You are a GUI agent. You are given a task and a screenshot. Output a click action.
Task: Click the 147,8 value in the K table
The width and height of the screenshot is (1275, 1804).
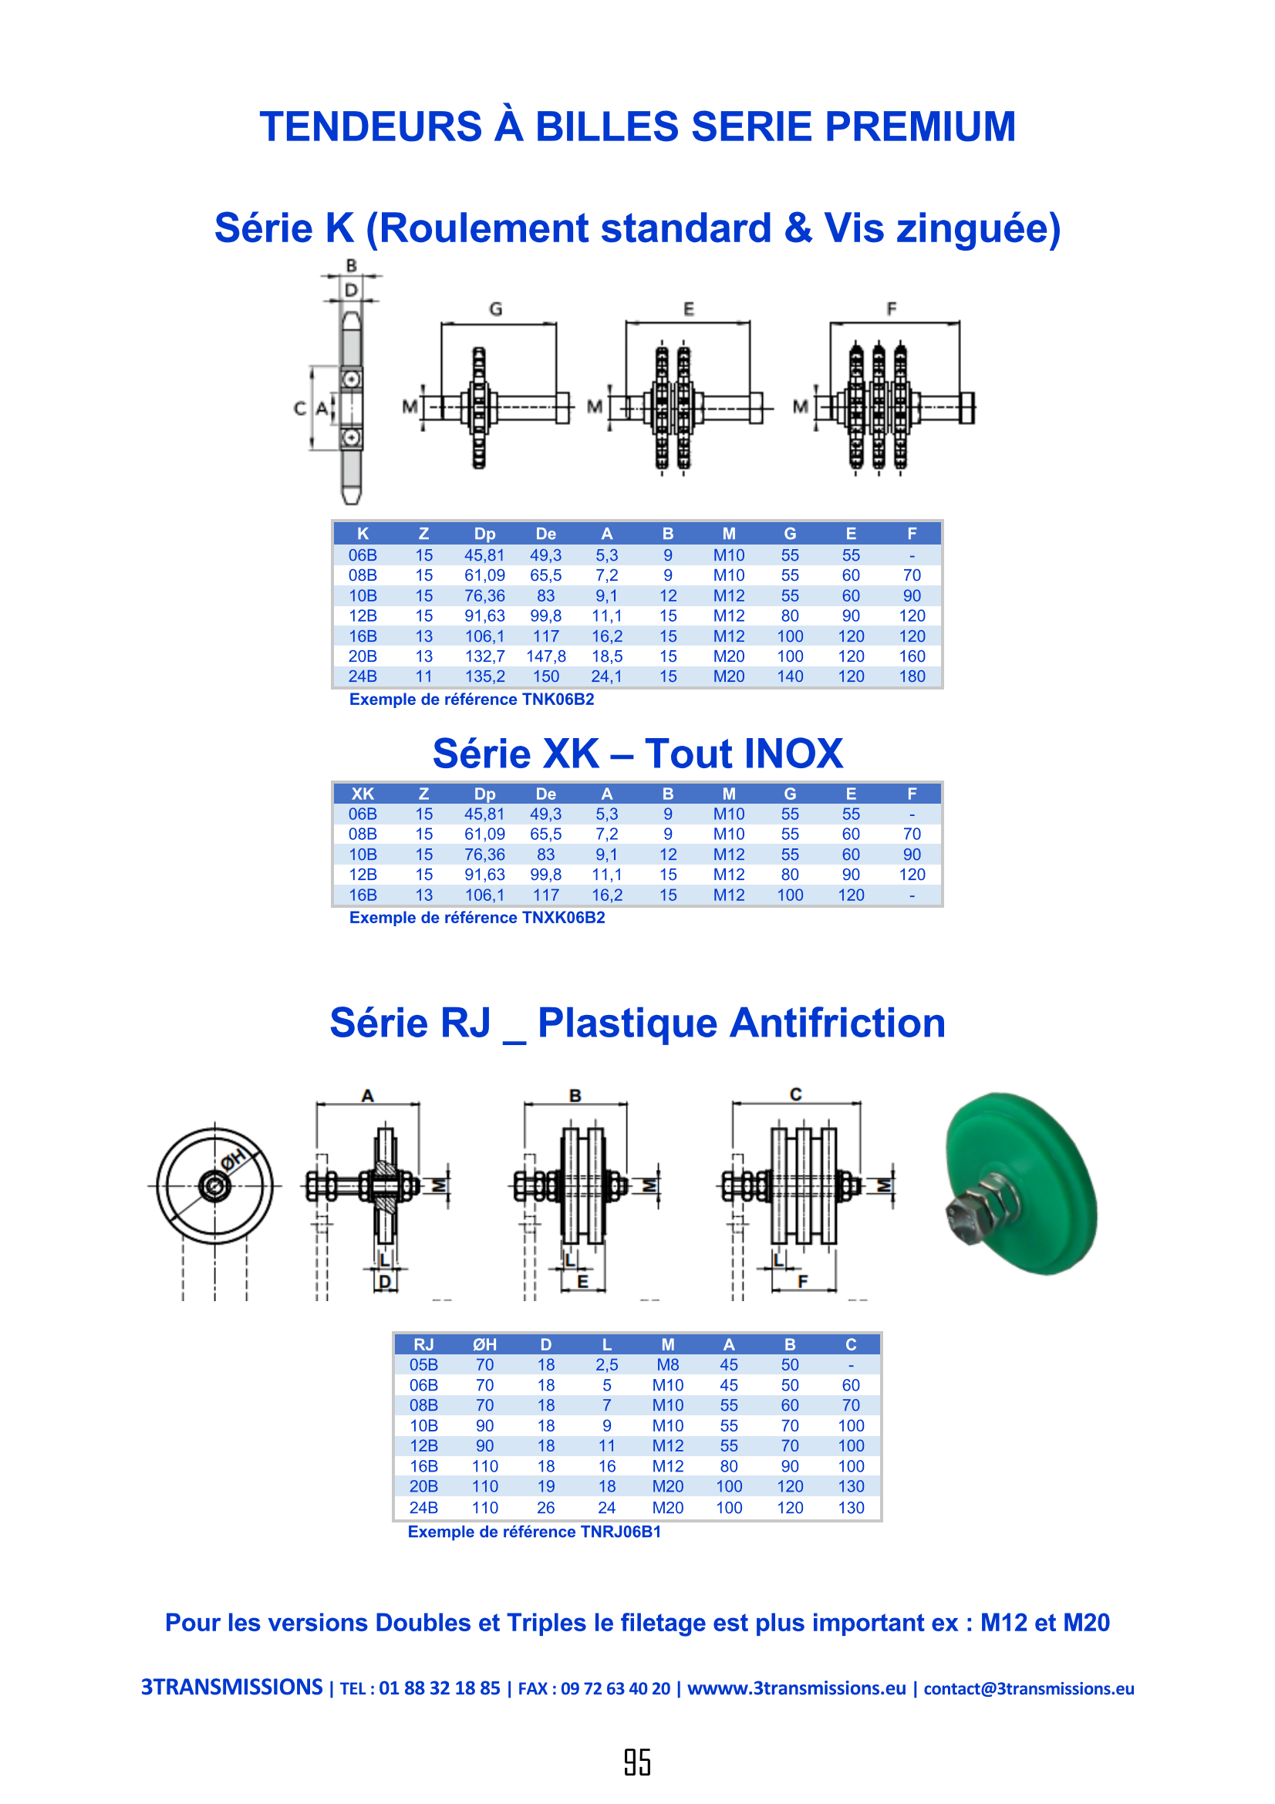545,656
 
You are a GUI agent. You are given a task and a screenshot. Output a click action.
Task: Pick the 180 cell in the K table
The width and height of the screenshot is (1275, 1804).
911,676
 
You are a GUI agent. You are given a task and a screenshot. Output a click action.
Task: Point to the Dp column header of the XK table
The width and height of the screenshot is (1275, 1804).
484,794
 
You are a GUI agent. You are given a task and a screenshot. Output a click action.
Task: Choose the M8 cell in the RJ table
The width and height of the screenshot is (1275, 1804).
668,1365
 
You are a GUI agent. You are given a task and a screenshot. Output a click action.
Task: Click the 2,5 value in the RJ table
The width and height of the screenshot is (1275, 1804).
606,1365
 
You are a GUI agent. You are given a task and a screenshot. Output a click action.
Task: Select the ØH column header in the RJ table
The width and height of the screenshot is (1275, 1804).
484,1344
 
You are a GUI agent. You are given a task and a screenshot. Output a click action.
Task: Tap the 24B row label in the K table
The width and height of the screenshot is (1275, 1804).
363,676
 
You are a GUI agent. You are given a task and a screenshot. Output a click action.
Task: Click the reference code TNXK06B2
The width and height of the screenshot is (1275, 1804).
563,918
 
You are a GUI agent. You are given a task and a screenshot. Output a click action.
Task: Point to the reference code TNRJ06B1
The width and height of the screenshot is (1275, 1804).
621,1532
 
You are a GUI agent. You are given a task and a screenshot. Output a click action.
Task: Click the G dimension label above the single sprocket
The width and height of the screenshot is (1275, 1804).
496,309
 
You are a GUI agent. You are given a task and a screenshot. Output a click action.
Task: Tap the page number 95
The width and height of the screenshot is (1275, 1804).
637,1762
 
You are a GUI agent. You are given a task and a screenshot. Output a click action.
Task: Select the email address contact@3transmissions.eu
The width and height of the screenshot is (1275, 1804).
1028,1688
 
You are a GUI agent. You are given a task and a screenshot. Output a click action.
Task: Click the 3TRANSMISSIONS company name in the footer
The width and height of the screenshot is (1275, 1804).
231,1687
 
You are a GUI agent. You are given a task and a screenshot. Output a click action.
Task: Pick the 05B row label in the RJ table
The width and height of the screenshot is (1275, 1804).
423,1365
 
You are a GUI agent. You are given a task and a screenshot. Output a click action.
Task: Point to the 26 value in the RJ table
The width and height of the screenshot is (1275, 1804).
545,1508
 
